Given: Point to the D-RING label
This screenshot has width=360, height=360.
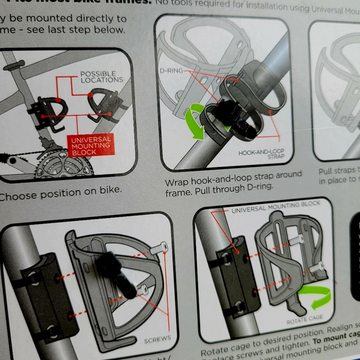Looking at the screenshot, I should pos(171,71).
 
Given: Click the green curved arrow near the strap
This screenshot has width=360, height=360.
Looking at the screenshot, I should pos(198,122).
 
